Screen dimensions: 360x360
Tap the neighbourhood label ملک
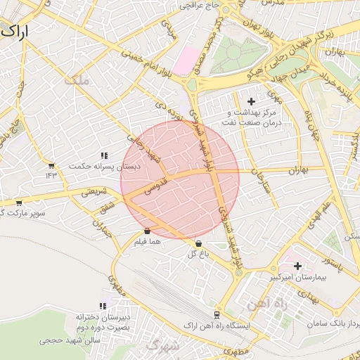coord(77,81)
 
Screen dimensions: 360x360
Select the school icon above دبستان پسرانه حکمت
coord(104,155)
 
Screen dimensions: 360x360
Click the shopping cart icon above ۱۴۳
coord(51,165)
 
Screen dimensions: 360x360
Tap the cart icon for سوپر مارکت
coord(19,202)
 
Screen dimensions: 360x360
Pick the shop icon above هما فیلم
coord(147,231)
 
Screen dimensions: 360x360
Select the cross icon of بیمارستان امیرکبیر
coord(298,266)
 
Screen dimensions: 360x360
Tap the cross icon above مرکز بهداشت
coord(251,102)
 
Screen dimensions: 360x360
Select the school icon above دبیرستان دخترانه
coord(103,306)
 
